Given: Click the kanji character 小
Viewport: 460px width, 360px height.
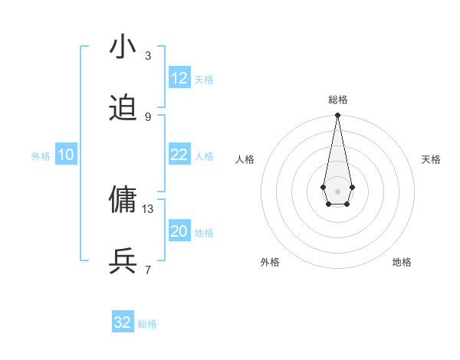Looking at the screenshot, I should [123, 47].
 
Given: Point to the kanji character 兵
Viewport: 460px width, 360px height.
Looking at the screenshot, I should [123, 261].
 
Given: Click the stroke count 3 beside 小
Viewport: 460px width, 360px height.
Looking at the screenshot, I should [148, 56].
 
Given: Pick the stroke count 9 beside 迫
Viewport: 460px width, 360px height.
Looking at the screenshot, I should [148, 117].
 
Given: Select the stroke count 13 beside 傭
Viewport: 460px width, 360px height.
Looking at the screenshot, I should [148, 208].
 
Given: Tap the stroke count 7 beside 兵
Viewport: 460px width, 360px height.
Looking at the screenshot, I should [148, 270].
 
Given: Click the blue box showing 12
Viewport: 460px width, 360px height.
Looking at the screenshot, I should [179, 78].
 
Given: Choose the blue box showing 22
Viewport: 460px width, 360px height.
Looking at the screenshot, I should [179, 155].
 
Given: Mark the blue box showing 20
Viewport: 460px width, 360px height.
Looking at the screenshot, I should [179, 231].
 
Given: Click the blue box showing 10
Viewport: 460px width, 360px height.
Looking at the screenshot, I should [66, 155].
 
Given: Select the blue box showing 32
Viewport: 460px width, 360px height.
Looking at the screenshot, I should [123, 322].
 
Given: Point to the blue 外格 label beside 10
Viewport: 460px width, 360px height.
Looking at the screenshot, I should [41, 156].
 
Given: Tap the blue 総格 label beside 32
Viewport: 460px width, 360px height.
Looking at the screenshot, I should [147, 324].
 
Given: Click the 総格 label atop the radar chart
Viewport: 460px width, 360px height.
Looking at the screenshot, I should [337, 100].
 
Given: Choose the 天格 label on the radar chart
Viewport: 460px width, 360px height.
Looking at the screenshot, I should [431, 159].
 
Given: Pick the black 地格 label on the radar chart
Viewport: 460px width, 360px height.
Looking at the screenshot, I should [402, 262].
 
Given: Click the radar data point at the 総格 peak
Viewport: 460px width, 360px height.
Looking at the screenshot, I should [337, 116].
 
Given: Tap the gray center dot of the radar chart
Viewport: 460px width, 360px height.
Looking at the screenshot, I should [337, 190].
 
